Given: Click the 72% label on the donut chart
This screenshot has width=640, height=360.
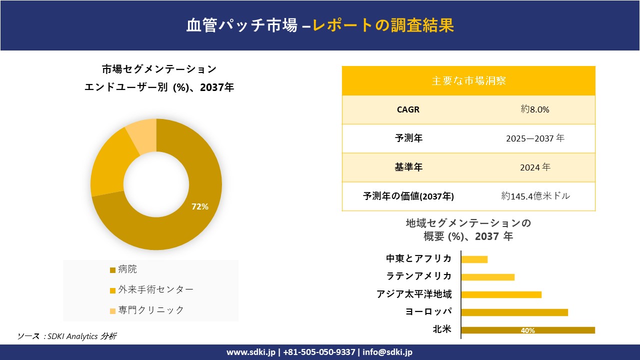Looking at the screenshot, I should (x=200, y=206).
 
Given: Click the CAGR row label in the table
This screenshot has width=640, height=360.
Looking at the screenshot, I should (x=408, y=109).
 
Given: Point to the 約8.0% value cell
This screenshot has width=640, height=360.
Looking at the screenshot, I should (x=535, y=109).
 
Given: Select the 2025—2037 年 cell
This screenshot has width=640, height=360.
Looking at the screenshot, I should (x=535, y=138).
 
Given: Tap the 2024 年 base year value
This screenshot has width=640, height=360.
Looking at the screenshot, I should (x=535, y=167).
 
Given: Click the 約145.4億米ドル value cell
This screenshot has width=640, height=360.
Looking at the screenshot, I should (x=535, y=196).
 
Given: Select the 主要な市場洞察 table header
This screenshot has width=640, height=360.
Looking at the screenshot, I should (x=468, y=80).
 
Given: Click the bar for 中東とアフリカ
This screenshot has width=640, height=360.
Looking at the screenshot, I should (x=474, y=259).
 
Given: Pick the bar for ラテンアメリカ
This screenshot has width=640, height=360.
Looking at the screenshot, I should (x=487, y=277).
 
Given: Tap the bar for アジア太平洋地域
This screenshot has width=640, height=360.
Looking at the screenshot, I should (x=501, y=294).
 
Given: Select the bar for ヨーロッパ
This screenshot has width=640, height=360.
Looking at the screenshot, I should (x=514, y=312).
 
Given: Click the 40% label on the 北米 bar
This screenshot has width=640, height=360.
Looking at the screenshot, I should (x=527, y=330).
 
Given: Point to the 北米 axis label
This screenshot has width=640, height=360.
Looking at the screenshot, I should (x=442, y=329).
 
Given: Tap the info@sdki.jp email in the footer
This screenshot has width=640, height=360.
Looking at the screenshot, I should (x=387, y=352).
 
